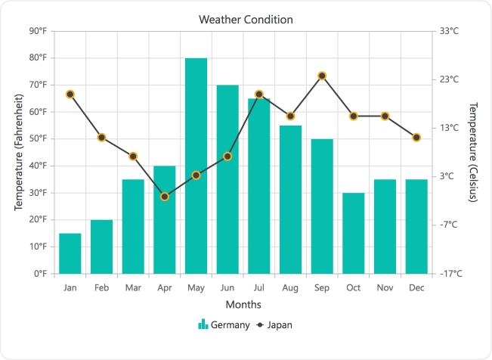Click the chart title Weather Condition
[x=246, y=19]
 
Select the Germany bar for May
[x=196, y=166]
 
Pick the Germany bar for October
[x=354, y=233]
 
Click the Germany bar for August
[x=290, y=199]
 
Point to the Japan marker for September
[x=322, y=76]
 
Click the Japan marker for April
[x=165, y=197]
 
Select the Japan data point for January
[x=70, y=94]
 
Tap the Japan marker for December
[x=416, y=138]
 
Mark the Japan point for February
[x=101, y=138]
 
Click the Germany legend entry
[x=224, y=324]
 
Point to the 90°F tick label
[x=37, y=31]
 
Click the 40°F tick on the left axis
[x=37, y=166]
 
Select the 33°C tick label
[x=450, y=31]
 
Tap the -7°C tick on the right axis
[x=450, y=225]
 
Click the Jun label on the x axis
[x=227, y=287]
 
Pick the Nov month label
[x=385, y=287]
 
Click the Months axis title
[x=243, y=305]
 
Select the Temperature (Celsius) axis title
[x=473, y=152]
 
